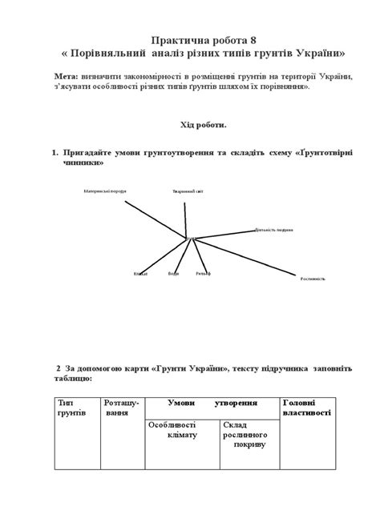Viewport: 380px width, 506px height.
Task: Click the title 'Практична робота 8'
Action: click(x=189, y=39)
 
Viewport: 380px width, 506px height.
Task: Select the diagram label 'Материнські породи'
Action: click(x=104, y=191)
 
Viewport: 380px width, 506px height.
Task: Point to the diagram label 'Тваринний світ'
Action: click(x=182, y=191)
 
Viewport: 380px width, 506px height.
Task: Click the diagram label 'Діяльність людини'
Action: click(x=273, y=230)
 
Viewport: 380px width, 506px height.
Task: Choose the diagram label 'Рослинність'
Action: click(x=313, y=279)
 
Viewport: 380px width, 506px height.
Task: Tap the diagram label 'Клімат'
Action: click(x=140, y=274)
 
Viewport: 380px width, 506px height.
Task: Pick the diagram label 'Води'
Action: click(x=173, y=274)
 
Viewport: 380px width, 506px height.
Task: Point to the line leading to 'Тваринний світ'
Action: click(x=186, y=216)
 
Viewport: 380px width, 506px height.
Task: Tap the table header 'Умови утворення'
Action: click(x=212, y=400)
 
